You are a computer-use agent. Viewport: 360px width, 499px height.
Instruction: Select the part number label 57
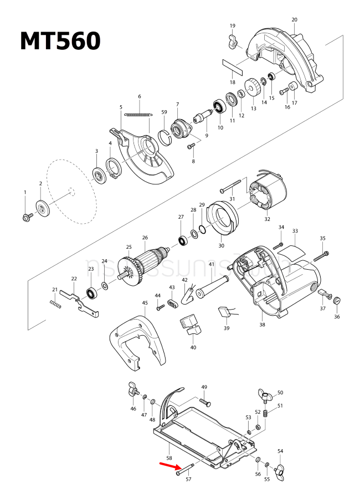click(188, 480)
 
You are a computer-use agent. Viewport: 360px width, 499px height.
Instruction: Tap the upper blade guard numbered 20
click(285, 55)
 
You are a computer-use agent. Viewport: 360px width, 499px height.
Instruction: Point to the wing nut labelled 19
click(232, 39)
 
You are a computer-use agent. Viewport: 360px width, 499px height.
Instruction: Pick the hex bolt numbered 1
click(25, 217)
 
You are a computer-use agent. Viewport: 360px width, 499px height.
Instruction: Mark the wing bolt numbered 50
click(265, 395)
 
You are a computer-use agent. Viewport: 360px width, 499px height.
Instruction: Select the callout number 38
click(262, 325)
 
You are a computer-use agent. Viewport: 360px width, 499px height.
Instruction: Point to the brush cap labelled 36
click(336, 301)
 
